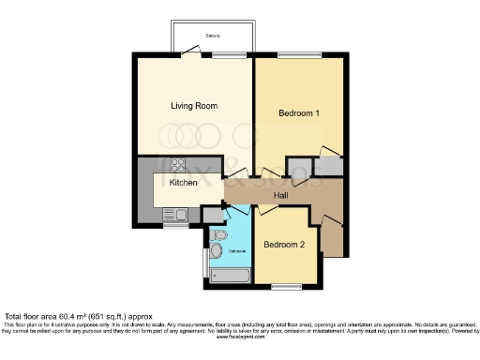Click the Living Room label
[x=194, y=106]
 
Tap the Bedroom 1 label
[x=299, y=113]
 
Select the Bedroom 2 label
[x=283, y=246]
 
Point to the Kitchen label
[x=183, y=183]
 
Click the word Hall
[x=280, y=195]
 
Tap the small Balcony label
[x=214, y=36]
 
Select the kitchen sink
[x=174, y=215]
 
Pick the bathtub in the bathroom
[x=229, y=276]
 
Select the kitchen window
[x=174, y=225]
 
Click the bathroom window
[x=204, y=262]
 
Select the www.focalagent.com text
[x=241, y=337]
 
